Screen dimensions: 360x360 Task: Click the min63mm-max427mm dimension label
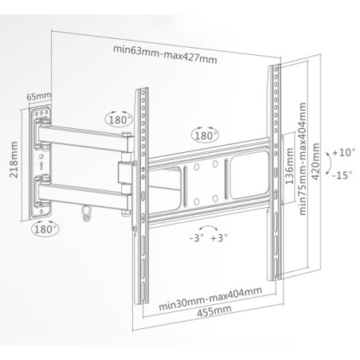point(165,54)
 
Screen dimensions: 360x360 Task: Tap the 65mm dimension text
point(38,96)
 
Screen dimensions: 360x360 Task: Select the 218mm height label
point(14,159)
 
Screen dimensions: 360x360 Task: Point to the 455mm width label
point(214,311)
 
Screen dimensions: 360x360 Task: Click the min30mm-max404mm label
point(210,299)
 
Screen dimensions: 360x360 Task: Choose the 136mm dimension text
point(289,166)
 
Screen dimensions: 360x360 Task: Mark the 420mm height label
point(315,162)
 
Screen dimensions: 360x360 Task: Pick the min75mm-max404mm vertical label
point(303,158)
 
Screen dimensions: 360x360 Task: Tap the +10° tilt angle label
point(343,153)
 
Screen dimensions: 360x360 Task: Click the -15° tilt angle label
point(342,175)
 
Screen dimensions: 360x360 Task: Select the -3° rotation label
point(197,237)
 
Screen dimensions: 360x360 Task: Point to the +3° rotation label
point(219,237)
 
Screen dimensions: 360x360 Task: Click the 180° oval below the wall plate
point(45,229)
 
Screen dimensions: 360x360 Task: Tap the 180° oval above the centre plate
point(205,135)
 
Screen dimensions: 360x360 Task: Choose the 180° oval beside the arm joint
point(119,119)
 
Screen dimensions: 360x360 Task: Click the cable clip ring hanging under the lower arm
point(86,213)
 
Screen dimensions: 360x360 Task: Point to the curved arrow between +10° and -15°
point(329,164)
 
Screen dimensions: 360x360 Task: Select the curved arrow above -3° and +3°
point(209,227)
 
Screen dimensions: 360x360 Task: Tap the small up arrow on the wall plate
point(41,166)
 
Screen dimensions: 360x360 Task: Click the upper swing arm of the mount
point(85,139)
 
